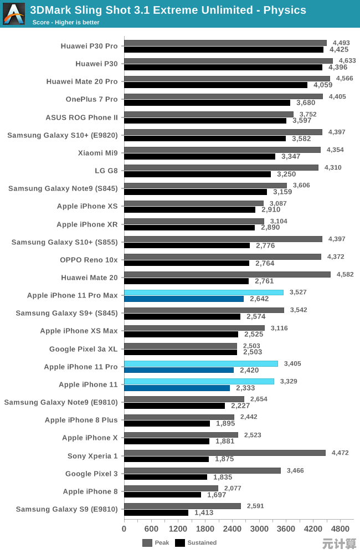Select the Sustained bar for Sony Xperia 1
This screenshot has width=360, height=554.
click(x=166, y=459)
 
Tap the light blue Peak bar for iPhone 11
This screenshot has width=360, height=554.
click(x=199, y=381)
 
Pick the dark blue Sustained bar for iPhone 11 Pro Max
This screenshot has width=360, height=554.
click(x=184, y=299)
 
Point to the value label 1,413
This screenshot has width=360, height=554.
click(x=204, y=512)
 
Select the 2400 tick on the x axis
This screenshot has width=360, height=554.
click(x=232, y=529)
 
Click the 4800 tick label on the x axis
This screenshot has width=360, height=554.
click(x=340, y=529)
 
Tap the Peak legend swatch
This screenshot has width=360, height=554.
click(x=147, y=543)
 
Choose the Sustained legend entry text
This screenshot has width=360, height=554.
click(x=202, y=543)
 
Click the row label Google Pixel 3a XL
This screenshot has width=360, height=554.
click(x=84, y=349)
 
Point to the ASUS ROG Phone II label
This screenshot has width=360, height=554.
click(x=82, y=117)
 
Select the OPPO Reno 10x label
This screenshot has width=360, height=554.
click(x=89, y=259)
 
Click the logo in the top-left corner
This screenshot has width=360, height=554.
click(x=14, y=14)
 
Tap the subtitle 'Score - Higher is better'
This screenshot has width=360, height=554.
click(x=66, y=22)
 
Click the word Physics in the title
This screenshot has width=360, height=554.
click(x=285, y=10)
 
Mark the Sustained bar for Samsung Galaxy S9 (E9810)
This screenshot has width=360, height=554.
click(x=156, y=513)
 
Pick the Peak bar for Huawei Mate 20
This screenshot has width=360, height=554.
click(x=227, y=274)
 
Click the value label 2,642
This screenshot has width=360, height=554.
click(x=260, y=299)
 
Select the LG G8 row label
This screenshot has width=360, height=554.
click(x=106, y=171)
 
